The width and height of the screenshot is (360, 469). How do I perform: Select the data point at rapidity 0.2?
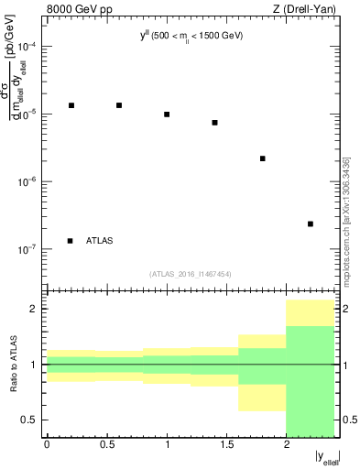click(71, 105)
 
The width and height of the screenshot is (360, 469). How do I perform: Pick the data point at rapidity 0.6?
click(119, 105)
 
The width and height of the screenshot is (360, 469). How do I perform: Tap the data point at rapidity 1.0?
click(167, 115)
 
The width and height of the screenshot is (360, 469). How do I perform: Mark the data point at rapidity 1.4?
click(215, 123)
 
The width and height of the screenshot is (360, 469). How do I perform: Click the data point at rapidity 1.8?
click(263, 158)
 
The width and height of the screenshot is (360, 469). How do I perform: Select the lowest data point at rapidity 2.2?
click(311, 224)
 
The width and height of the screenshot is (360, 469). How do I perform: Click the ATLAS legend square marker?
click(71, 241)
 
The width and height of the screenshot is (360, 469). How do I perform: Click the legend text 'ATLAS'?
click(100, 241)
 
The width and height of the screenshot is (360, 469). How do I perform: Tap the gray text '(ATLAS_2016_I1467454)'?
click(191, 274)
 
